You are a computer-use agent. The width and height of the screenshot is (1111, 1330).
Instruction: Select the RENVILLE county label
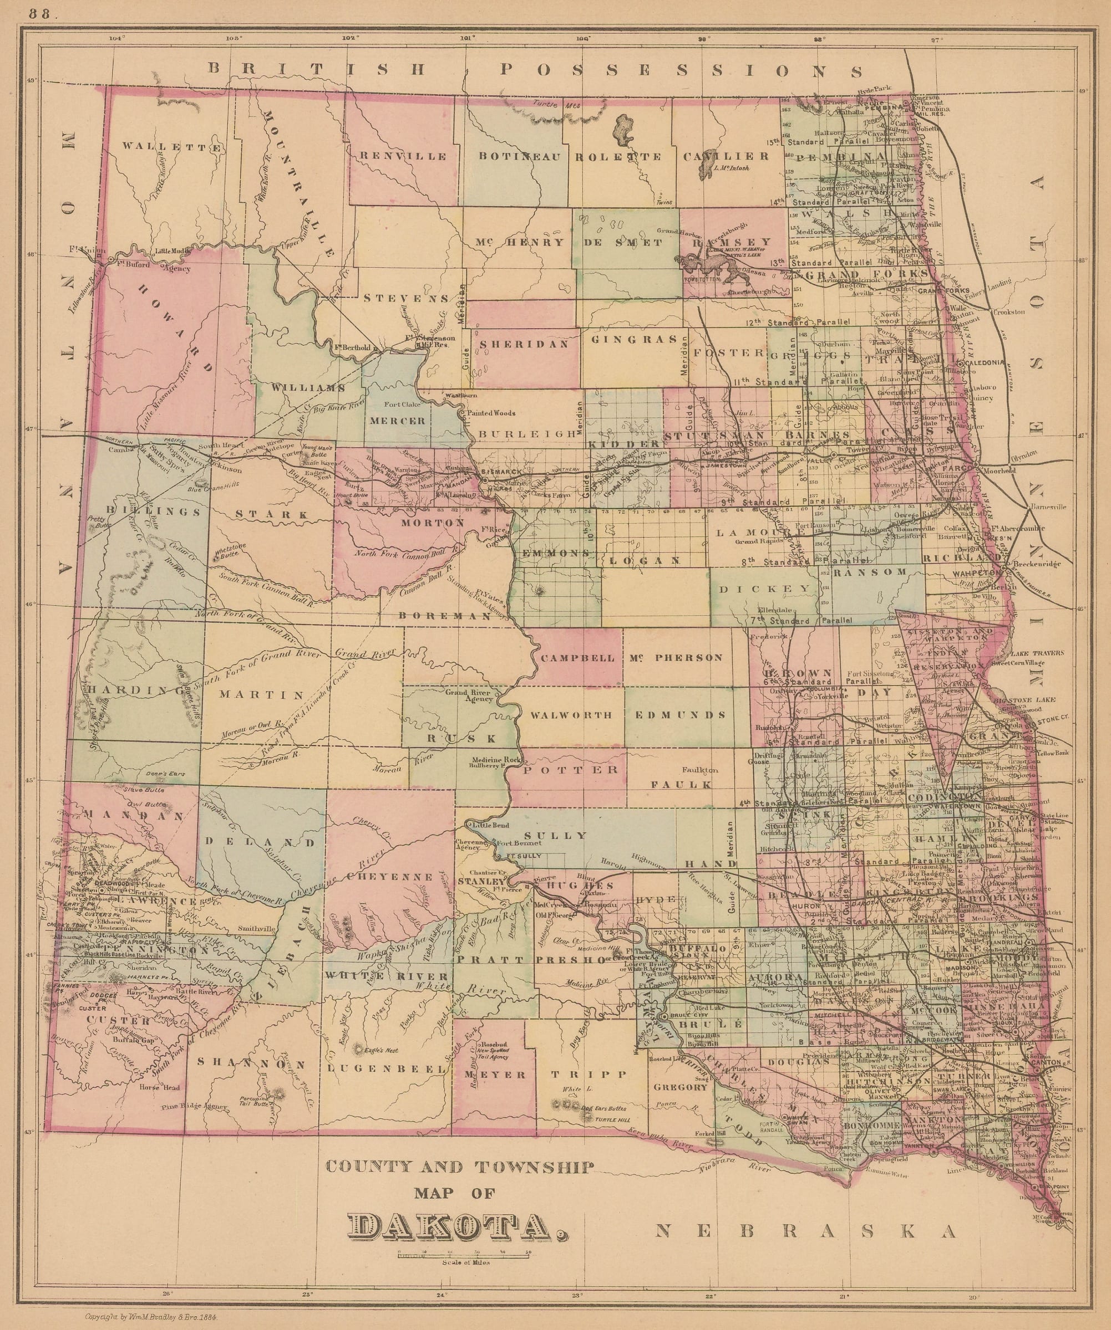coord(404,156)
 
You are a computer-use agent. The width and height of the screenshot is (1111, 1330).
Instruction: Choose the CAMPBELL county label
coord(578,657)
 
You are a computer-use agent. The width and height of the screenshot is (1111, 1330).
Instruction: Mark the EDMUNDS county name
coord(679,715)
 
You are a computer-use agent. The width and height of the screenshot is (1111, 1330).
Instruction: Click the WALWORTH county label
coord(572,715)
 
